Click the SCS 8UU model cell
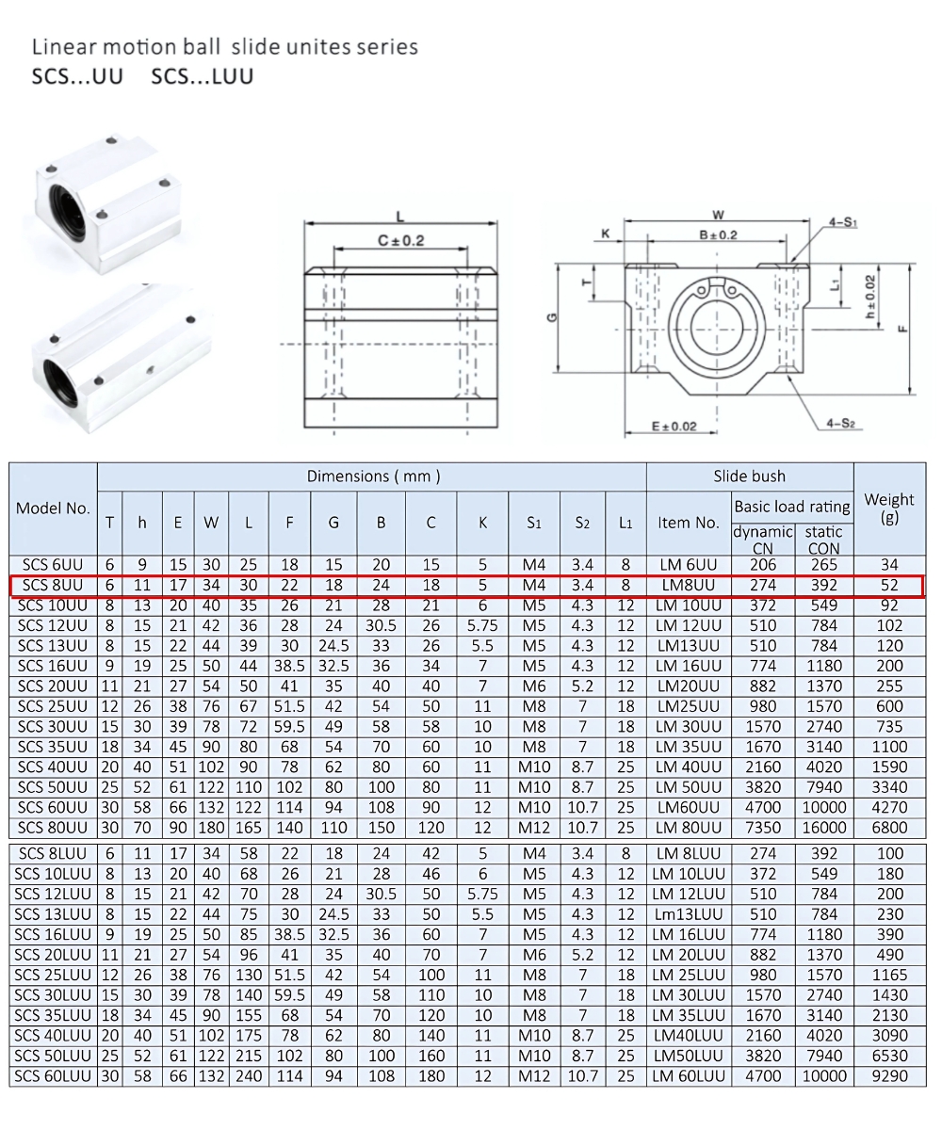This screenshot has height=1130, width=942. (x=53, y=586)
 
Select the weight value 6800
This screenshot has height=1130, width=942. (x=889, y=828)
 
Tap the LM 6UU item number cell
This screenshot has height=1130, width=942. (x=688, y=565)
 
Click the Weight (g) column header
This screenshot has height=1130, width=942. (x=889, y=508)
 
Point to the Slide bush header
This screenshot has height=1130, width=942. (x=749, y=476)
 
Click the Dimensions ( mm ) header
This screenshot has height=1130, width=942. (x=373, y=476)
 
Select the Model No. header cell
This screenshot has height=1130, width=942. (x=53, y=508)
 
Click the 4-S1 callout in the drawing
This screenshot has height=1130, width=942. (x=842, y=223)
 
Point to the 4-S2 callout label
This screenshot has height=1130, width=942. (x=840, y=424)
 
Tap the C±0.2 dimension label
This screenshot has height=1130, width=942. (x=400, y=241)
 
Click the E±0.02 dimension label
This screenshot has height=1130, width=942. (x=674, y=427)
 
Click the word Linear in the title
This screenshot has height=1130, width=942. (x=61, y=47)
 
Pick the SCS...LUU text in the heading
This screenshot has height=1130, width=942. (x=202, y=76)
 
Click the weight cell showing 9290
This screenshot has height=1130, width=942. (x=889, y=1076)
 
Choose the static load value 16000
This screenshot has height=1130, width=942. (x=823, y=828)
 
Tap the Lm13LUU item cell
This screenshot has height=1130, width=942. (x=688, y=914)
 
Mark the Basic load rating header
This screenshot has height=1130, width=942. (x=791, y=507)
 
